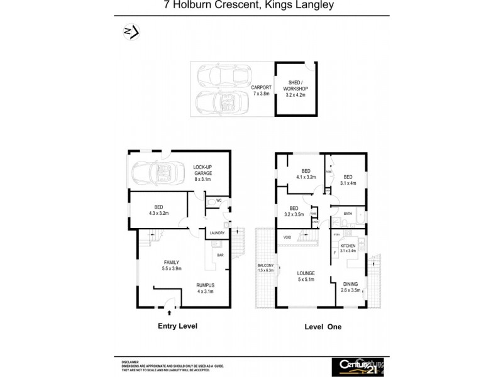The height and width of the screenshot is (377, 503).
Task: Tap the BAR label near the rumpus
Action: (220, 255)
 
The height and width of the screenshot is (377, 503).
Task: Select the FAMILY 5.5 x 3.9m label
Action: (172, 265)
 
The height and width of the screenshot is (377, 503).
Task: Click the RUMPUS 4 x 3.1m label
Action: (205, 287)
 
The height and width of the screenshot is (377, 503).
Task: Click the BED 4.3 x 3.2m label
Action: (158, 209)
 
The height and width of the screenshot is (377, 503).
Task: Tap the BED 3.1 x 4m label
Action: (348, 180)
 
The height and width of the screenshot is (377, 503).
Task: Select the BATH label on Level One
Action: (347, 214)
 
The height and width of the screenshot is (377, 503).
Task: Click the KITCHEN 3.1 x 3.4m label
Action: (348, 248)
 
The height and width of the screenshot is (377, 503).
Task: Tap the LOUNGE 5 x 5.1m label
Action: (306, 276)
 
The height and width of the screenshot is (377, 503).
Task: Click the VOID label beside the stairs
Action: (287, 237)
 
